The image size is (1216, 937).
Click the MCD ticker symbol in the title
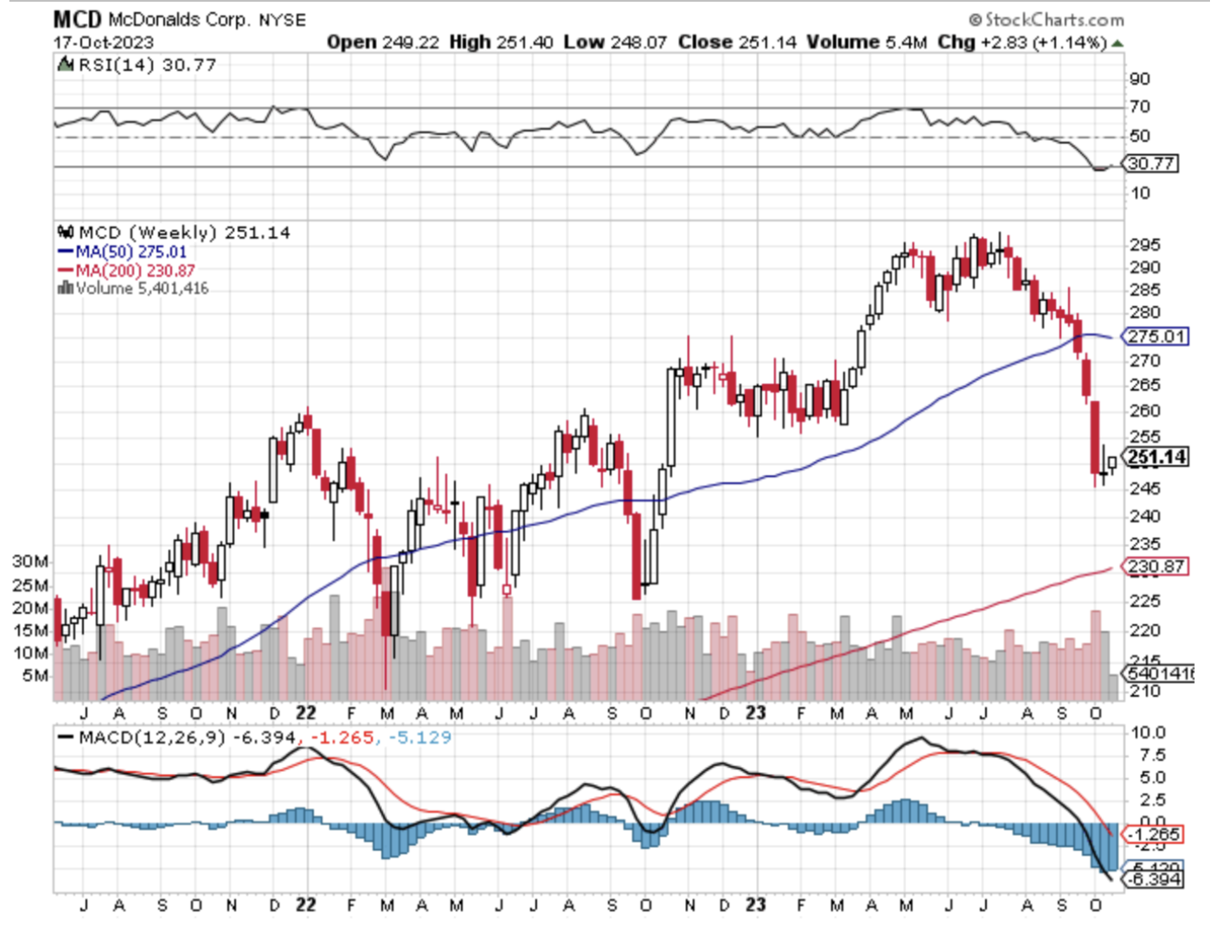pos(77,19)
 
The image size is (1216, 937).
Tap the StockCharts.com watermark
pos(1047,19)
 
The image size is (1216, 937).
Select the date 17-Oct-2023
pos(103,42)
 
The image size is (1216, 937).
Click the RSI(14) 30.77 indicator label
pos(146,65)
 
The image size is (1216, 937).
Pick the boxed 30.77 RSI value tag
pos(1151,163)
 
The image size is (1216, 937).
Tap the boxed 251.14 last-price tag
pos(1157,457)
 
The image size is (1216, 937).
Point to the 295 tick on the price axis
pos(1144,245)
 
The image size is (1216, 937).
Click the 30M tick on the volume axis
pos(30,562)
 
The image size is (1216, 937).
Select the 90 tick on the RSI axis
pos(1140,79)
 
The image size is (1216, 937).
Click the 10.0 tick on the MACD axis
pos(1148,733)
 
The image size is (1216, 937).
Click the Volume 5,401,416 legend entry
pos(142,288)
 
